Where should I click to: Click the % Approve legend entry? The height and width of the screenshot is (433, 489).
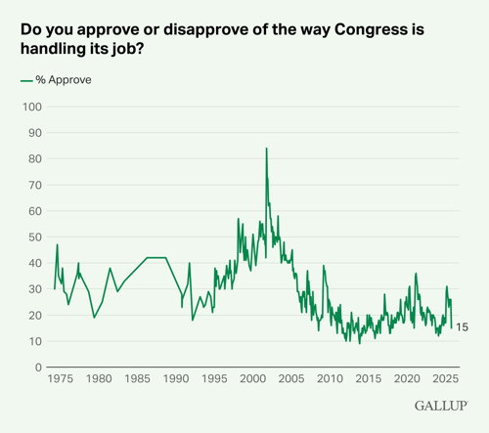(x=56, y=80)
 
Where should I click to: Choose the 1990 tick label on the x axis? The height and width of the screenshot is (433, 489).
(x=176, y=377)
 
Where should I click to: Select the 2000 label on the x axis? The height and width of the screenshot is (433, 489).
(x=253, y=377)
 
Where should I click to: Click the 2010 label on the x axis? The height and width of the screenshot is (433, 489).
(x=331, y=377)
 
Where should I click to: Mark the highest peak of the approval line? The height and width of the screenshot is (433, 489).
(x=266, y=149)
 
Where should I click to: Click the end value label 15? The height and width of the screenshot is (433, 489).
(x=463, y=328)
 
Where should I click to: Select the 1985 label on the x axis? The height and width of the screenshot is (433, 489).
(x=138, y=377)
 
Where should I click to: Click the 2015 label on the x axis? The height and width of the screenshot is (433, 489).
(x=369, y=377)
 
